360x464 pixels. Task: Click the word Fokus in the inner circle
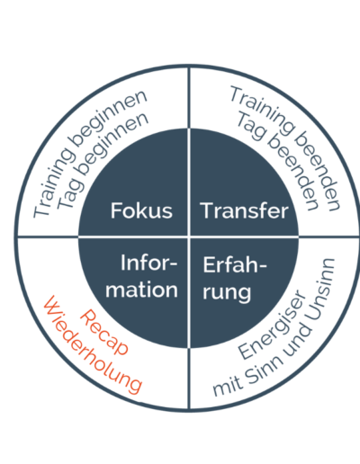(141, 210)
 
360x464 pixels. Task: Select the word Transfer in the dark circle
(244, 210)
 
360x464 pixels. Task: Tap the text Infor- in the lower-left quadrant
(149, 263)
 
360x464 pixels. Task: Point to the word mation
(141, 290)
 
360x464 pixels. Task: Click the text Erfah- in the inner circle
(235, 264)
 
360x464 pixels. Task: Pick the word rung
(227, 292)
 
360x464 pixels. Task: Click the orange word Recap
(104, 333)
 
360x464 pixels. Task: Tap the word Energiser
(273, 325)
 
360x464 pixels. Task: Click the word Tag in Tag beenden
(251, 126)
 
